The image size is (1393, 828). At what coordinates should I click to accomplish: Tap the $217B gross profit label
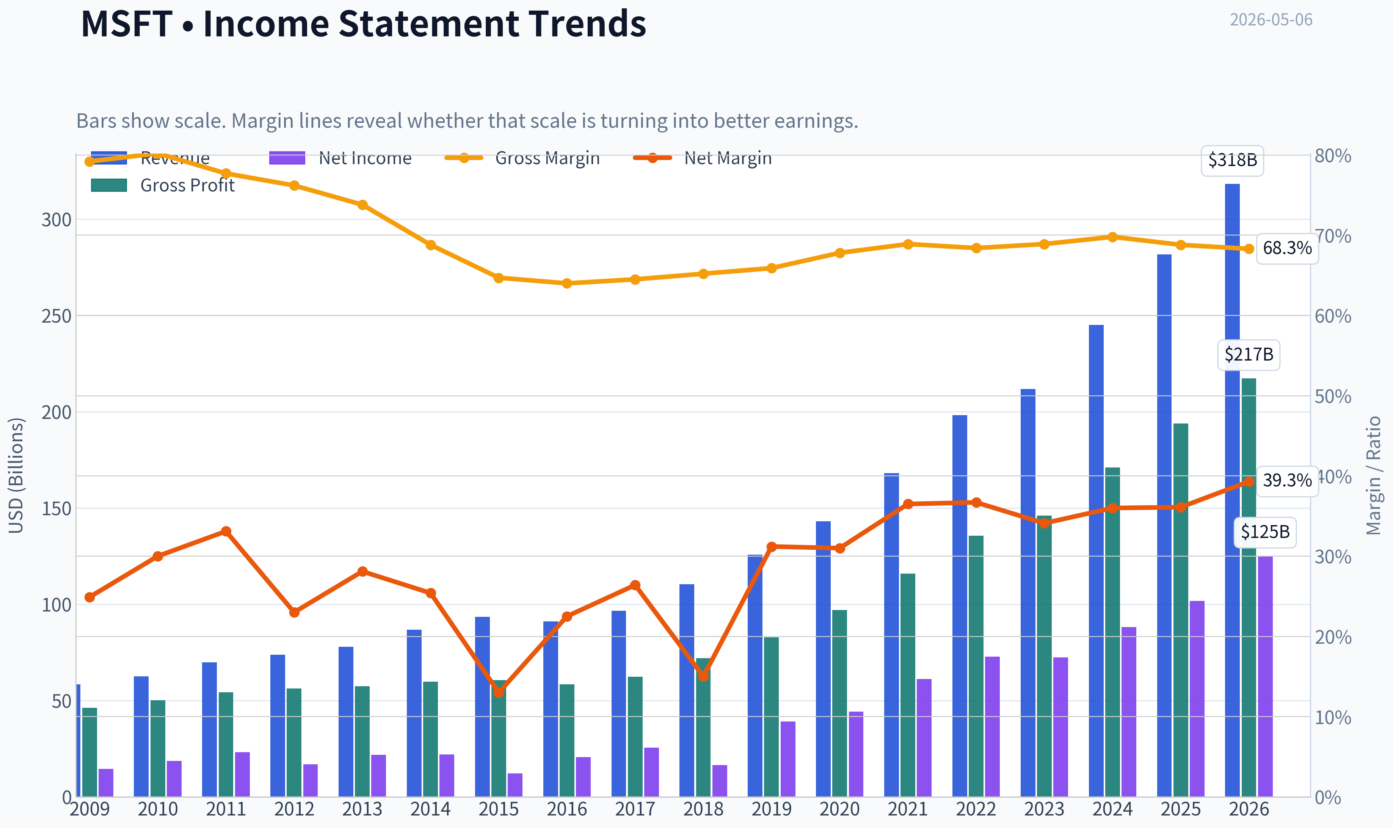click(x=1249, y=355)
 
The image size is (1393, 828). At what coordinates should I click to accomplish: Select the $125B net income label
click(x=1265, y=532)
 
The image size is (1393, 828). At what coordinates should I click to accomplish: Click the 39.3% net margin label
click(x=1287, y=480)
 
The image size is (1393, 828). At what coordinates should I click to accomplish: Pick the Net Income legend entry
click(x=340, y=158)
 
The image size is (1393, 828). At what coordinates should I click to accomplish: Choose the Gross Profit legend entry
click(x=163, y=185)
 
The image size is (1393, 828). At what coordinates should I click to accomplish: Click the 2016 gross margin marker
click(x=567, y=284)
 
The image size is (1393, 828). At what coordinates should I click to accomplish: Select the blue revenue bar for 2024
click(x=1096, y=561)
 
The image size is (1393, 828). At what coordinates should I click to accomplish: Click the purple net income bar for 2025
click(x=1197, y=699)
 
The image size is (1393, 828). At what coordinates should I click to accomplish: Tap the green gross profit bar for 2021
click(x=908, y=685)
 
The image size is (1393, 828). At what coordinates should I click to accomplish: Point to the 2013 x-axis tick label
click(x=362, y=809)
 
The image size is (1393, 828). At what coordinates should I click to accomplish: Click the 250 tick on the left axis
click(x=56, y=316)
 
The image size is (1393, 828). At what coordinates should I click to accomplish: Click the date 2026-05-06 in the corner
click(x=1271, y=20)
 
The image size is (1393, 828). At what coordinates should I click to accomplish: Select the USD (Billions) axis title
click(x=16, y=475)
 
